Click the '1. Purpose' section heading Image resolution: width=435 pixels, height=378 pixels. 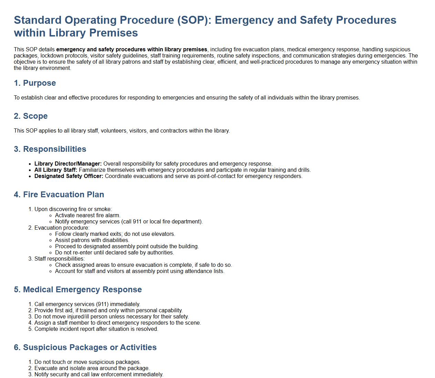pyautogui.click(x=35, y=83)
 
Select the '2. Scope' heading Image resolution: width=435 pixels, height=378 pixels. pyautogui.click(x=31, y=116)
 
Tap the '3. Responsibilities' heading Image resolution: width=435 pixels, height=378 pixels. pyautogui.click(x=50, y=149)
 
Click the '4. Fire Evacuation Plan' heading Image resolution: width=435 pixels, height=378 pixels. pyautogui.click(x=59, y=195)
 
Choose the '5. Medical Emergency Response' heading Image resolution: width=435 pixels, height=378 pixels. pyautogui.click(x=78, y=290)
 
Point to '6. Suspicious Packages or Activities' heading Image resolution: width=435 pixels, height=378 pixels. pyautogui.click(x=85, y=347)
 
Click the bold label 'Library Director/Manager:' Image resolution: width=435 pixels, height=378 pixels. pyautogui.click(x=68, y=164)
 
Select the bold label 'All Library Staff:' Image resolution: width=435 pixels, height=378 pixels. pyautogui.click(x=56, y=170)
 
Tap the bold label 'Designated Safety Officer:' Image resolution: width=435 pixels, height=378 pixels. pyautogui.click(x=69, y=176)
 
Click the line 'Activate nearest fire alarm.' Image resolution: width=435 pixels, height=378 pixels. pyautogui.click(x=87, y=216)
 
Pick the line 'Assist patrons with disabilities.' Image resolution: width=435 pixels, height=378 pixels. pyautogui.click(x=92, y=240)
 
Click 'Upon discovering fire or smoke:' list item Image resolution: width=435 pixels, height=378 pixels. pyautogui.click(x=73, y=209)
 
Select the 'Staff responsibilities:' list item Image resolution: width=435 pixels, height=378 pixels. pyautogui.click(x=59, y=259)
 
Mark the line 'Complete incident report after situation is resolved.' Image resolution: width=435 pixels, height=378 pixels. pyautogui.click(x=96, y=329)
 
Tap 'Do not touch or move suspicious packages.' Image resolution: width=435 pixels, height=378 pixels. pyautogui.click(x=87, y=362)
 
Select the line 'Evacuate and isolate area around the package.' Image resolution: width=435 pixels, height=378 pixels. pyautogui.click(x=92, y=368)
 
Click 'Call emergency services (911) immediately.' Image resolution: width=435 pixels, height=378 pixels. pyautogui.click(x=87, y=304)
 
